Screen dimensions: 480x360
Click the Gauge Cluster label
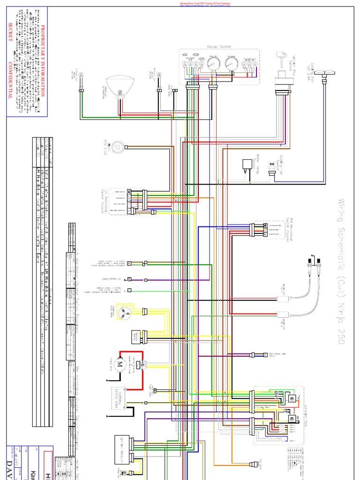tap(219, 46)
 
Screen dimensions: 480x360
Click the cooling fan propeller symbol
tap(324, 72)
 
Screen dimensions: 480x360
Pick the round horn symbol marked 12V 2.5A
tap(119, 148)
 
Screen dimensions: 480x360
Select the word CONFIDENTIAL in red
tap(11, 80)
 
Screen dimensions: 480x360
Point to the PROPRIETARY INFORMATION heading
tap(44, 61)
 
